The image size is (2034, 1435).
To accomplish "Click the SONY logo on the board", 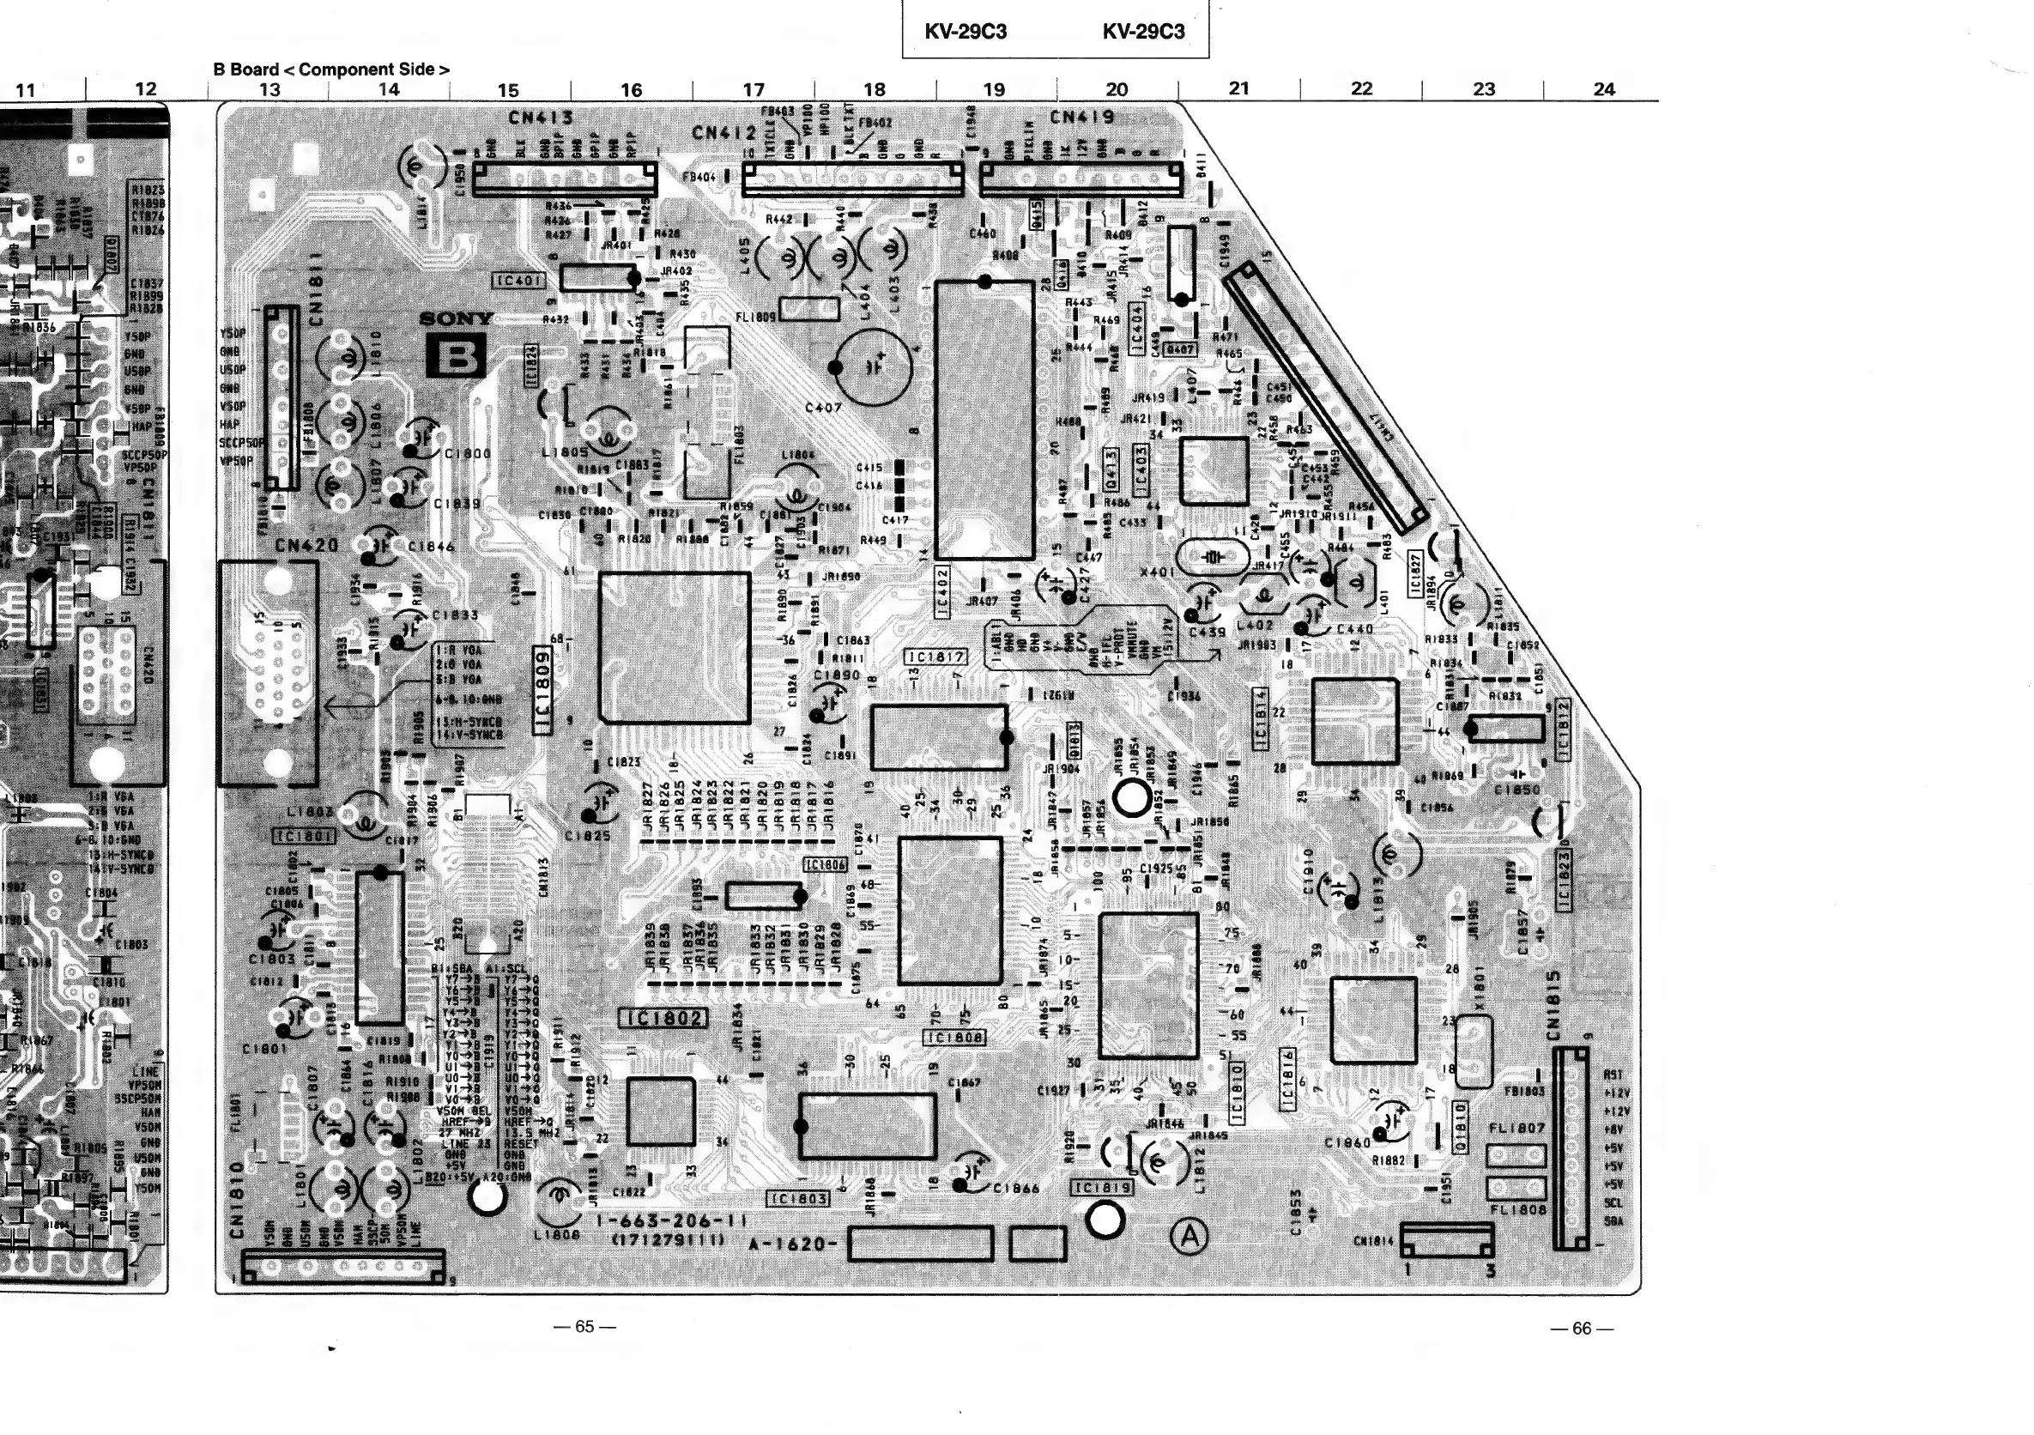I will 456,319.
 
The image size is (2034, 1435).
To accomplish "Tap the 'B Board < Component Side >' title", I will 331,70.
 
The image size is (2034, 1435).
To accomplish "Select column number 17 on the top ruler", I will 753,89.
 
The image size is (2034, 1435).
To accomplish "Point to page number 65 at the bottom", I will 584,1326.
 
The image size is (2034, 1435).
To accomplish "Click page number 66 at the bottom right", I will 1582,1328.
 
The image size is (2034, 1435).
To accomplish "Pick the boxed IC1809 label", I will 544,689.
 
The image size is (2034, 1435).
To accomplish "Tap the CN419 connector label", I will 1081,117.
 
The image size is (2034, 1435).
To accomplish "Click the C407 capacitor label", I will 823,408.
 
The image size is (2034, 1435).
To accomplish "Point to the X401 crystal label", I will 1158,572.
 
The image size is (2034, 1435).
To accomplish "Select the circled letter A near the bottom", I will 1189,1237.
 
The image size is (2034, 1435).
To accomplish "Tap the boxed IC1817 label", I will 935,657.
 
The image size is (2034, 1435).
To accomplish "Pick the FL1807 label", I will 1516,1129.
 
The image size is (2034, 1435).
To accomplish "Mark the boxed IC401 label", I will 518,281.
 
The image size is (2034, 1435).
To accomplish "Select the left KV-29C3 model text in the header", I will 966,32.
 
